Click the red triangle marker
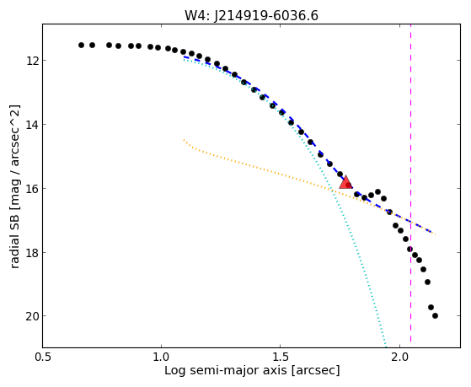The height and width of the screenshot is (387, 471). [x=345, y=183]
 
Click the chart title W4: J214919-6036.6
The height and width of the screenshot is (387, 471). [x=251, y=16]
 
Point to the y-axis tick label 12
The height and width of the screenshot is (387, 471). [x=32, y=61]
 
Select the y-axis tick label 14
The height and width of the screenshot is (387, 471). [x=32, y=125]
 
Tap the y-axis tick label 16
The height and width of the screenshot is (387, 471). [x=32, y=189]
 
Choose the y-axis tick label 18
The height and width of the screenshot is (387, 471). [x=32, y=253]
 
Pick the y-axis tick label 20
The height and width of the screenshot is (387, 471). [x=32, y=316]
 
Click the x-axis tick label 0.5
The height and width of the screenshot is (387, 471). [x=43, y=357]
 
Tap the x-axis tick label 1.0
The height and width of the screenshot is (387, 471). [x=161, y=357]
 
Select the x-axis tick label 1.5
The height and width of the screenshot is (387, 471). [x=280, y=357]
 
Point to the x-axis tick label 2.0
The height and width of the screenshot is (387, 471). [x=399, y=357]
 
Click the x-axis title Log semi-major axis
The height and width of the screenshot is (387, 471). [x=226, y=370]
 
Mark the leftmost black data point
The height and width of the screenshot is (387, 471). [x=81, y=45]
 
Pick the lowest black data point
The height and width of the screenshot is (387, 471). [x=435, y=315]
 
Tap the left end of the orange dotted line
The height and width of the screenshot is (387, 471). [x=184, y=140]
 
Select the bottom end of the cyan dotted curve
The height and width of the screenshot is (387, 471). [x=386, y=346]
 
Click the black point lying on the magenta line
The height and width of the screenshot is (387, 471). [x=409, y=249]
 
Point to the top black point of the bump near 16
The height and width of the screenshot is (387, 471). [x=377, y=192]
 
